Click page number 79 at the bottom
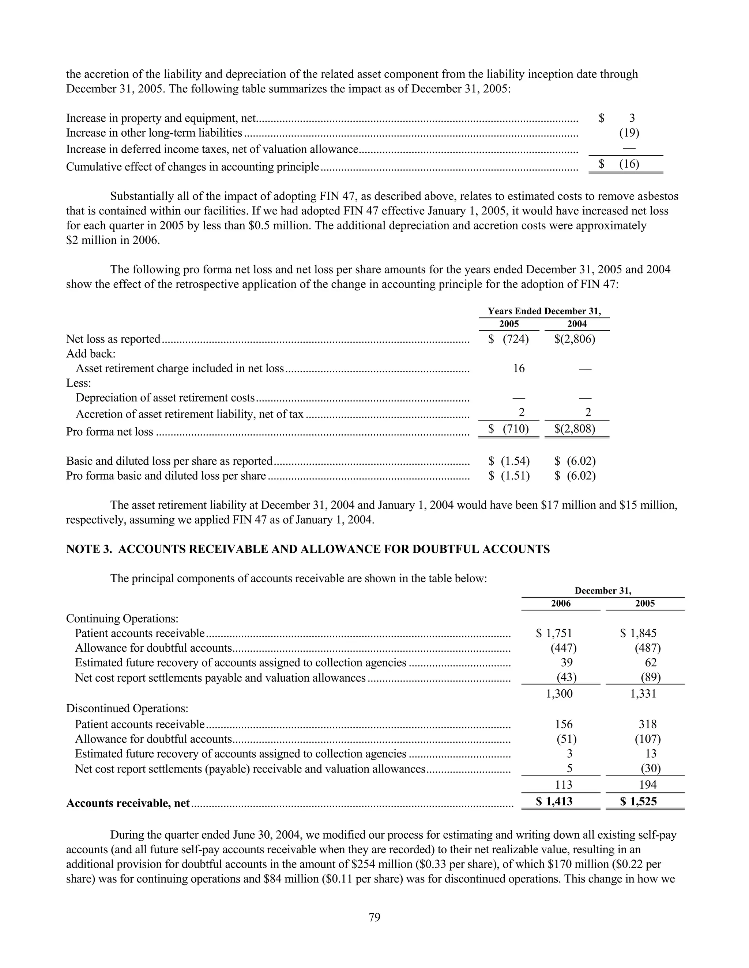(374, 917)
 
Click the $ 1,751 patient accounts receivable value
(554, 633)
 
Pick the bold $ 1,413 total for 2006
(554, 801)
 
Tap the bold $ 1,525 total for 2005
(639, 801)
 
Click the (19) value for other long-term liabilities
(629, 133)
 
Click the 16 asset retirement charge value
(519, 368)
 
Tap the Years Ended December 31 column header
(544, 311)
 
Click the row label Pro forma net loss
(110, 432)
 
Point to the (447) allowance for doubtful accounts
(564, 648)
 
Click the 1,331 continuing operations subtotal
(643, 694)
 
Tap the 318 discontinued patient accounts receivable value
(647, 724)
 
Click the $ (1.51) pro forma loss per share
(509, 476)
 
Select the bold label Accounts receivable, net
(128, 803)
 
